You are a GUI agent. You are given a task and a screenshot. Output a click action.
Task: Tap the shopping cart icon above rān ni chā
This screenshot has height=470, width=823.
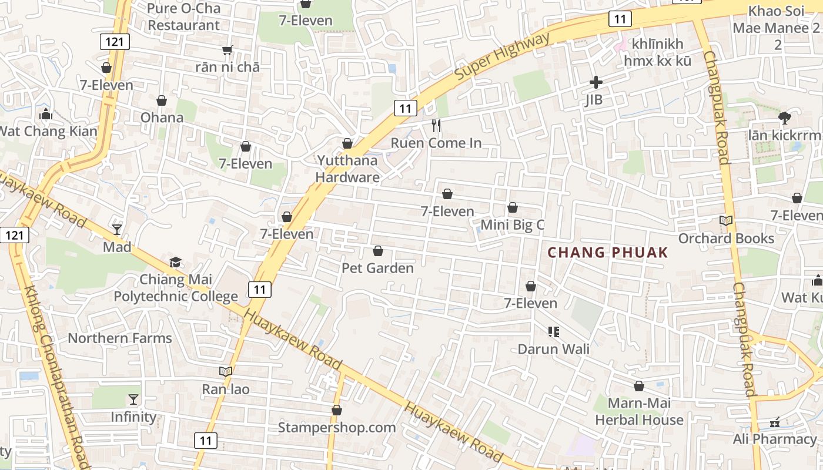coord(228,51)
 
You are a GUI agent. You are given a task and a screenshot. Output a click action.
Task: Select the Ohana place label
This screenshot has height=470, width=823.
coord(162,117)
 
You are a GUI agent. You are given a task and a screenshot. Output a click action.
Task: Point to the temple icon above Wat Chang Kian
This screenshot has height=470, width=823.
coord(46,114)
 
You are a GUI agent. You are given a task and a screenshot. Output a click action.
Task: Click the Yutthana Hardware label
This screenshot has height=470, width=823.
coord(347,168)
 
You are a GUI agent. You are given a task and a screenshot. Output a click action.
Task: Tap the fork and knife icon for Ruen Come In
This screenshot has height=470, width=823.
coord(436,126)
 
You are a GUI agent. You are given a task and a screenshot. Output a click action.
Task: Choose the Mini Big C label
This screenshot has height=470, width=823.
coord(513,224)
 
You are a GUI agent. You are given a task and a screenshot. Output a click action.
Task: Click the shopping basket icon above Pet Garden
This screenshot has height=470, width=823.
coord(378,251)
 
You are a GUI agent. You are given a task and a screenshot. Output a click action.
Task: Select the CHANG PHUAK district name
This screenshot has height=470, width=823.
coord(608,253)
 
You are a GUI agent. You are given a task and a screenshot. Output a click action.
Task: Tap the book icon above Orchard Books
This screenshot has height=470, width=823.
coord(727,221)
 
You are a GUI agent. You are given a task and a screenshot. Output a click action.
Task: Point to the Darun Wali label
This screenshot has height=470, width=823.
coord(553,348)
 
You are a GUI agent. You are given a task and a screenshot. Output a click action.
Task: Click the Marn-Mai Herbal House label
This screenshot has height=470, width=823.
coord(639,411)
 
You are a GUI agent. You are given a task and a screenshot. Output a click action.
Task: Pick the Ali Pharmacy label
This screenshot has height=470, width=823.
coord(774,439)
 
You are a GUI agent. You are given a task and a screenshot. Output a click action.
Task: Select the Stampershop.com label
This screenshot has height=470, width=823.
coord(337,427)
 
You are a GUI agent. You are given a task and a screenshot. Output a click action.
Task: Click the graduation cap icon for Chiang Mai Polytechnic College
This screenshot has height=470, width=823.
coord(175,262)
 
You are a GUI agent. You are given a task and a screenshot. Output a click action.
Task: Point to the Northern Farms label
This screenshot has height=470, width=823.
coord(120,338)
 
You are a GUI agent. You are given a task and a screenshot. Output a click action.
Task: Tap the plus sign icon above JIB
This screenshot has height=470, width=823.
coord(596,82)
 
